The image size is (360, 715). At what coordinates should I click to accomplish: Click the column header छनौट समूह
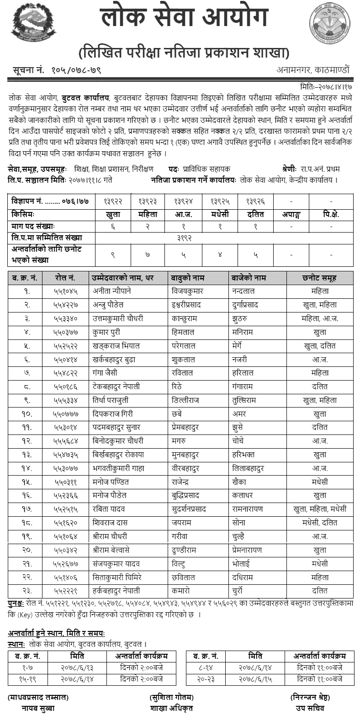pos(320,278)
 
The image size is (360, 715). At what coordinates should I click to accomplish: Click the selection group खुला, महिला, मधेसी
pos(320,509)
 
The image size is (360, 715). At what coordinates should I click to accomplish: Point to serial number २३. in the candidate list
pos(26,591)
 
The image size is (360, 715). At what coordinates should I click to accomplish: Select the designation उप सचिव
pos(310,708)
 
